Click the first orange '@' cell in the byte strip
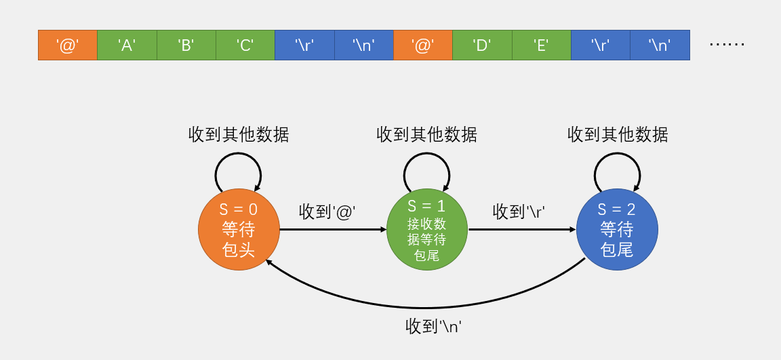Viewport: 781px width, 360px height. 68,45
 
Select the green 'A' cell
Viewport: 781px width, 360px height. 127,45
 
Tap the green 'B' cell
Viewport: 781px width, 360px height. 186,45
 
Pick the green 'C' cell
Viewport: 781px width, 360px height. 245,45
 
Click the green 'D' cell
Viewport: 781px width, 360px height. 482,45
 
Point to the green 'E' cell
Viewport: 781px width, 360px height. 541,45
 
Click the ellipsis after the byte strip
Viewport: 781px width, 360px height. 727,45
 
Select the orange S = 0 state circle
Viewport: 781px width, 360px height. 239,229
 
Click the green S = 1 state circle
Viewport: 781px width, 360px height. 427,229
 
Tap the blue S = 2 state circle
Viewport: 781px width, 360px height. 617,229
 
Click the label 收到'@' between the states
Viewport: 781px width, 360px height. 327,212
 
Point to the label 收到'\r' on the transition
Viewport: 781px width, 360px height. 519,212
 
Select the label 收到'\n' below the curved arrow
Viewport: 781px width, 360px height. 433,326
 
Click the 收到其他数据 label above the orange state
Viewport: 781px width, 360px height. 239,134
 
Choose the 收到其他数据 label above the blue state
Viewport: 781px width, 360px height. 618,134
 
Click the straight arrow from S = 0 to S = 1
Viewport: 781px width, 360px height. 332,229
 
